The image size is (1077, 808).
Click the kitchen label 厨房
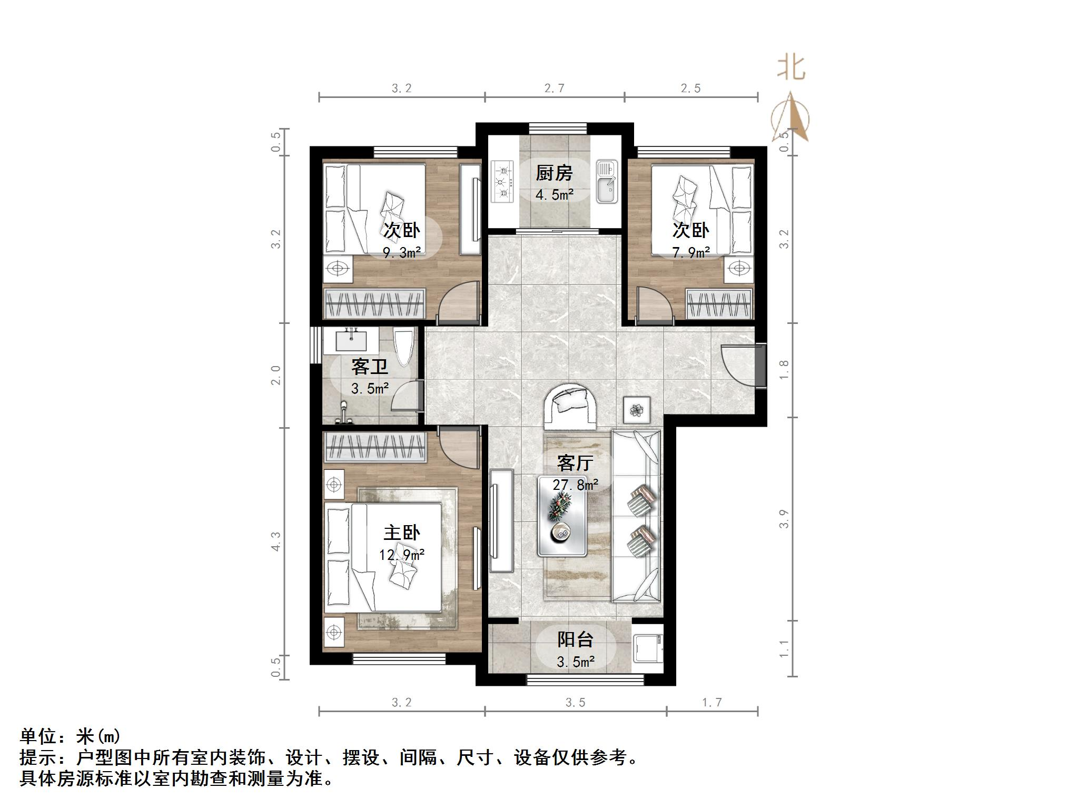[x=554, y=173]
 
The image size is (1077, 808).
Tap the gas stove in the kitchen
[x=502, y=182]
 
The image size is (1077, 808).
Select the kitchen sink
[x=607, y=182]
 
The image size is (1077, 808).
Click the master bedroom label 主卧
[x=401, y=533]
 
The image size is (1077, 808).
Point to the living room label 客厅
[x=575, y=463]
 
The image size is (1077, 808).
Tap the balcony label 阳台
[x=575, y=639]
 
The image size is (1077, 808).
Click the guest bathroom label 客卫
[x=369, y=366]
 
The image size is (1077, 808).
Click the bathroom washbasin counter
[x=351, y=341]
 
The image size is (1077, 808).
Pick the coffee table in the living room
[x=562, y=516]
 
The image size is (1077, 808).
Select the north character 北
[x=791, y=68]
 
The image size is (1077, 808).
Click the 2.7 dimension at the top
[x=554, y=88]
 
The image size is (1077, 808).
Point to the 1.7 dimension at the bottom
[x=712, y=702]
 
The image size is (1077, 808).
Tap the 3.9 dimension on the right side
[x=784, y=518]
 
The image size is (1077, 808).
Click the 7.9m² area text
[x=690, y=253]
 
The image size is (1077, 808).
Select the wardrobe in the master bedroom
[x=374, y=448]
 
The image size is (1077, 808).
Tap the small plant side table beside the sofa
[x=637, y=409]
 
